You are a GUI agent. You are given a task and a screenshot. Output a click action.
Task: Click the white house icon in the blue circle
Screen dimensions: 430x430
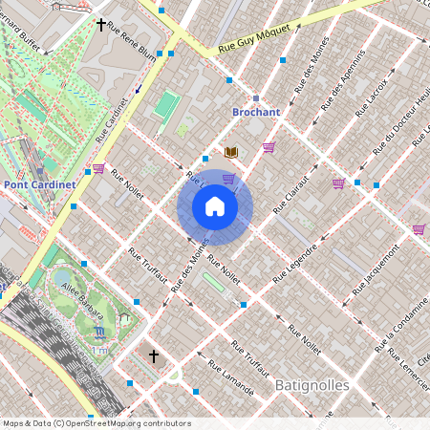point(215,206)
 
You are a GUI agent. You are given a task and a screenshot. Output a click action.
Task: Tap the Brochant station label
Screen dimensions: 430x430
point(256,112)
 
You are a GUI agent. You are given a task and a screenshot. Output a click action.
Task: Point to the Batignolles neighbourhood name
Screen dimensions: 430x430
point(312,385)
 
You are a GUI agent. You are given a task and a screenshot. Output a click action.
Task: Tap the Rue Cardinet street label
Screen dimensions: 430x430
point(113,119)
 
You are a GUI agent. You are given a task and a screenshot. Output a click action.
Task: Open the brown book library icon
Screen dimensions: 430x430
point(230,152)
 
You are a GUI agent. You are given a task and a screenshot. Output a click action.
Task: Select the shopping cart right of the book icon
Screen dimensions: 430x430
point(269,147)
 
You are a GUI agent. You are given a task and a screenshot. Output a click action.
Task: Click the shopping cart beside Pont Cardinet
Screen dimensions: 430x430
point(98,169)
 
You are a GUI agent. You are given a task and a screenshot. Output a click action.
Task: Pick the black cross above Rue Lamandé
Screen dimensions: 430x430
point(153,356)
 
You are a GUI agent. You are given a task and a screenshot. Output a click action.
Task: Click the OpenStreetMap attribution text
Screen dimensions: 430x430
point(96,423)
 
